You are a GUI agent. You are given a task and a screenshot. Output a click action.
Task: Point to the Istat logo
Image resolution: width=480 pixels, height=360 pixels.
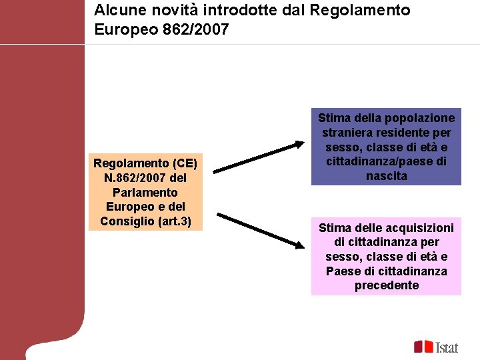pyautogui.click(x=436, y=347)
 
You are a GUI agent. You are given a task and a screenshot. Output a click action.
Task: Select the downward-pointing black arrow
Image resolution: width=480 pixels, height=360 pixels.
pyautogui.click(x=261, y=231)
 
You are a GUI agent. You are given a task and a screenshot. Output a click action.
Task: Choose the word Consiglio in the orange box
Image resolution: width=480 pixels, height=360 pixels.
pyautogui.click(x=129, y=221)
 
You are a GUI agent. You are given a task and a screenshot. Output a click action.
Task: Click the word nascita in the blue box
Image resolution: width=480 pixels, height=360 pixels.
pyautogui.click(x=386, y=176)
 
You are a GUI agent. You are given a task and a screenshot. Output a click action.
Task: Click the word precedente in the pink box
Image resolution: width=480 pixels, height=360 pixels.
pyautogui.click(x=386, y=285)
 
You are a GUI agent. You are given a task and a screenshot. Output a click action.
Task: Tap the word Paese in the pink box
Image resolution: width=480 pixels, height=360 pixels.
pyautogui.click(x=341, y=271)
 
